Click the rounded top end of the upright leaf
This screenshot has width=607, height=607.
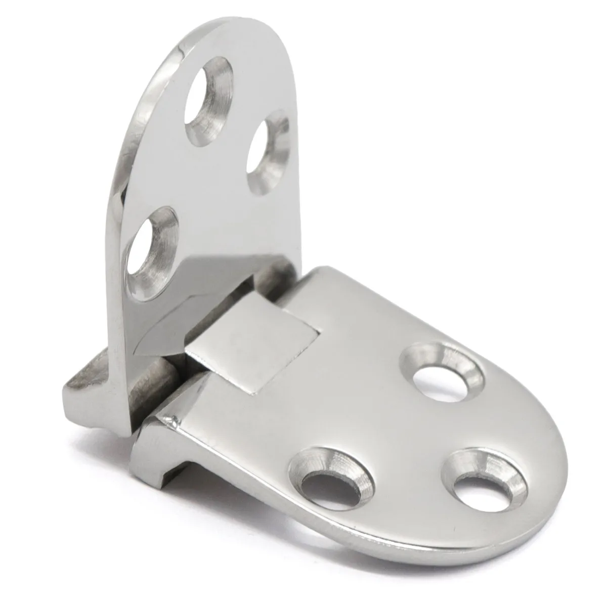pos(223,40)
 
